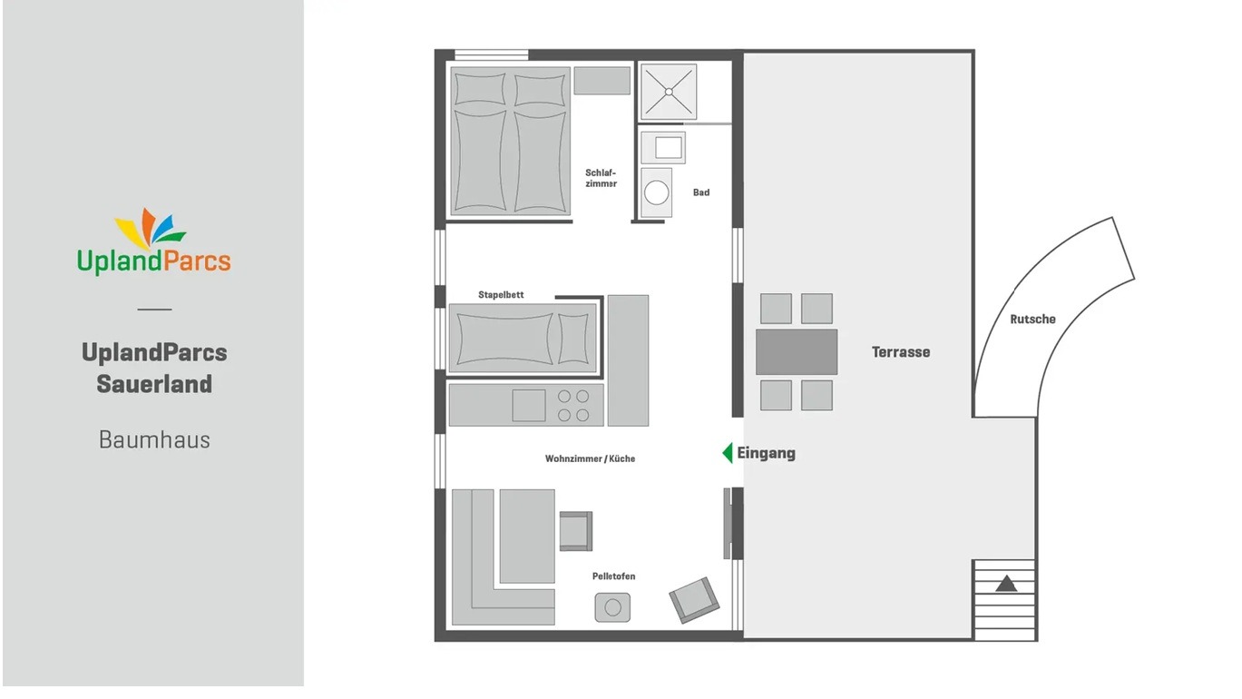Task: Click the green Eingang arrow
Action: click(727, 453)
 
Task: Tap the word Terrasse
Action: click(900, 352)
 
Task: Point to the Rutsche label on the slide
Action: click(1032, 320)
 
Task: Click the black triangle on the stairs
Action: click(1005, 584)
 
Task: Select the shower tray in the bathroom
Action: click(669, 92)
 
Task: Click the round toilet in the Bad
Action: click(656, 192)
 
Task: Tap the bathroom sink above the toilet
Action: click(663, 147)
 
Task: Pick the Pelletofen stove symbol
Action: click(612, 606)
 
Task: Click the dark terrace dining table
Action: click(797, 352)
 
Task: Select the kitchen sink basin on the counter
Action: click(529, 405)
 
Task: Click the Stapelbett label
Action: click(501, 295)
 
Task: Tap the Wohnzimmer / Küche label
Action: click(590, 458)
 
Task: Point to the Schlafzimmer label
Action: click(601, 178)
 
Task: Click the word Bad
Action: click(701, 192)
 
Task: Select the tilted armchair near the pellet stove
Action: click(694, 599)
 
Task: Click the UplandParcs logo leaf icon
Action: click(150, 228)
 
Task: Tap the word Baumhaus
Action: click(154, 440)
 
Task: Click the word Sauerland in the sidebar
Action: click(154, 384)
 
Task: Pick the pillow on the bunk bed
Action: click(572, 339)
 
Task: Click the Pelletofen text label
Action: click(613, 576)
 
